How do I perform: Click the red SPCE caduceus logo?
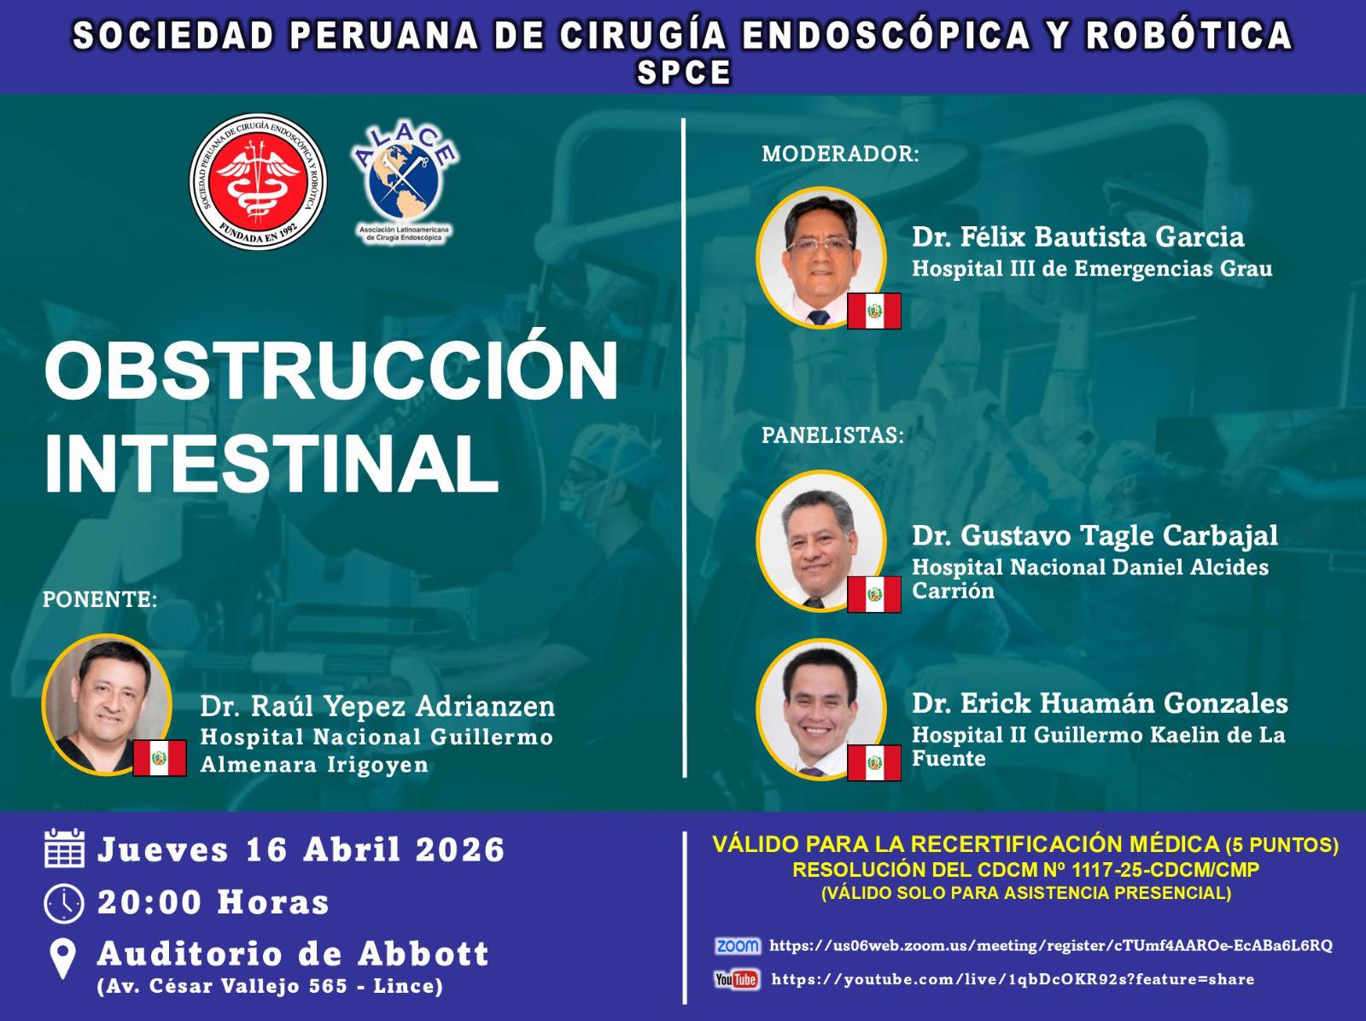pos(259,182)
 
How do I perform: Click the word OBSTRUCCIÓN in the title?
pos(331,371)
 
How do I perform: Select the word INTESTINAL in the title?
pos(271,464)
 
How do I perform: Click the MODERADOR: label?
pos(840,154)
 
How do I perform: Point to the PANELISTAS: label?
pos(832,435)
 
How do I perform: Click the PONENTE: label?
pos(100,599)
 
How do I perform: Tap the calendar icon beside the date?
pos(64,848)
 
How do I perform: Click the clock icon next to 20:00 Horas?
pos(64,903)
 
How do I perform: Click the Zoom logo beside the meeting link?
pos(738,946)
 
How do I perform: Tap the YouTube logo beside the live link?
pos(737,979)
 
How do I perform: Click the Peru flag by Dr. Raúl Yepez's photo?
pos(160,758)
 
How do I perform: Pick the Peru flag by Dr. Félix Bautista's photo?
pos(873,311)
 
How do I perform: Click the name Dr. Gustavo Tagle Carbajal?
pos(1095,536)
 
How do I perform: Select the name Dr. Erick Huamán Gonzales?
pos(1100,703)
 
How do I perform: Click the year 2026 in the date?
pos(460,849)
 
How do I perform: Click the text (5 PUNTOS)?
pos(1282,845)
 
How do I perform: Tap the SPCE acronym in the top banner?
pos(683,73)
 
